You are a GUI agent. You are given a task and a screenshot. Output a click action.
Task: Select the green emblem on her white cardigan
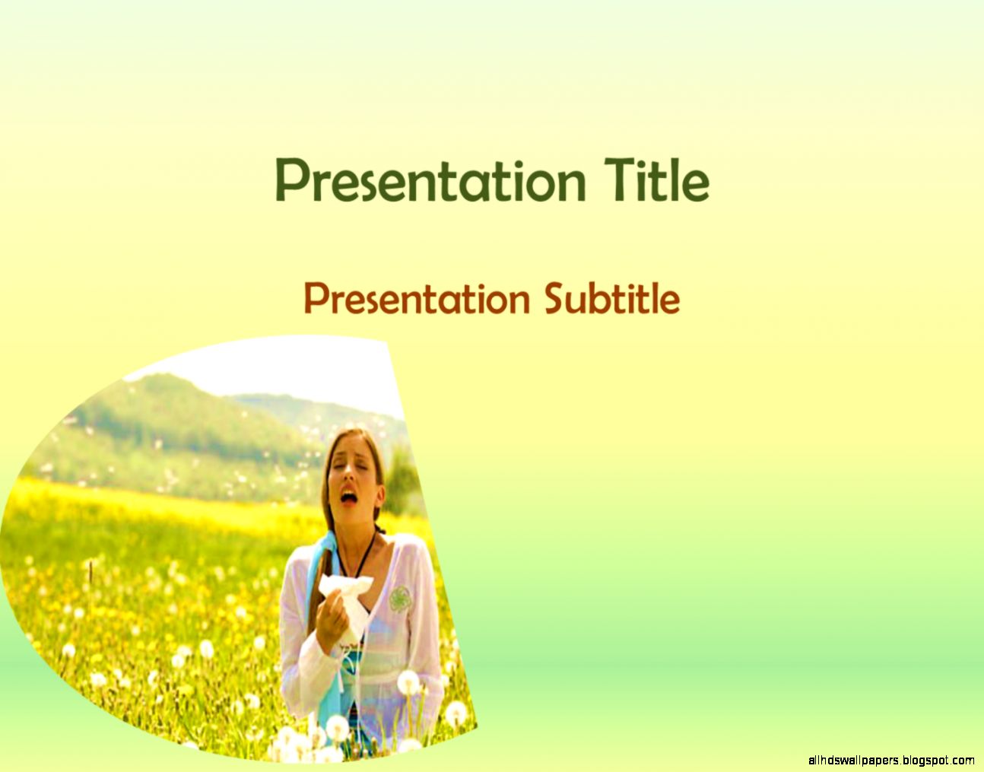click(x=398, y=600)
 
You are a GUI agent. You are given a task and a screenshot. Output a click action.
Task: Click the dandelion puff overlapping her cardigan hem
click(x=408, y=682)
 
